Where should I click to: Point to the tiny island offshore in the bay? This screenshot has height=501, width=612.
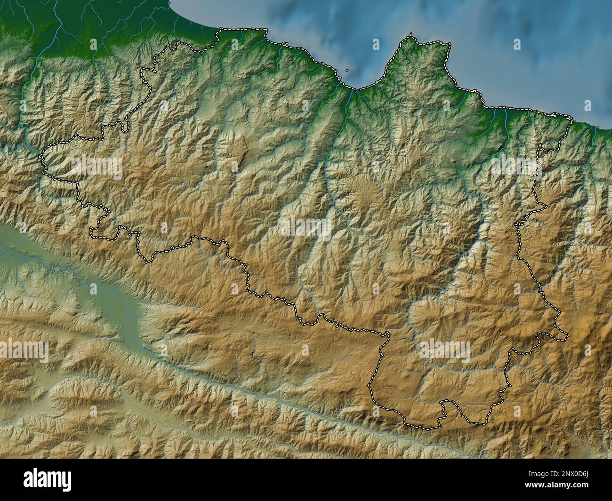click(347, 71)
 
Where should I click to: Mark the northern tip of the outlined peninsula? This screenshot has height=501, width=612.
click(411, 34)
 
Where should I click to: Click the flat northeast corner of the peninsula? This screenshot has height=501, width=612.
click(448, 45)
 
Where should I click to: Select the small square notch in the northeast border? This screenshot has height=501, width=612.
click(546, 148)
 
